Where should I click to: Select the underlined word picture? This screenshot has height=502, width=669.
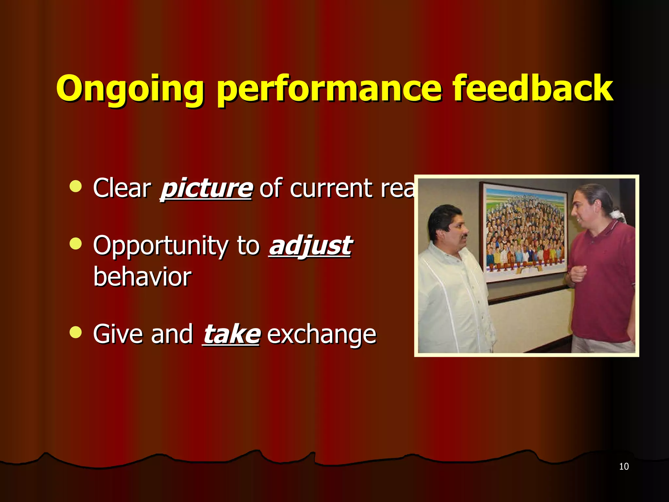point(206,189)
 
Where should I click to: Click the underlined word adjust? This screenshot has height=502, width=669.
point(310,246)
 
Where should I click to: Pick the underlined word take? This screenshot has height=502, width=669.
point(231,334)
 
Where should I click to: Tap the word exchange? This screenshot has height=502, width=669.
point(322,334)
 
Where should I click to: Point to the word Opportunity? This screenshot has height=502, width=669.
point(160,246)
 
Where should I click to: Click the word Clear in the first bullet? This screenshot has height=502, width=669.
point(122,189)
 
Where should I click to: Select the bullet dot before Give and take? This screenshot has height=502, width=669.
point(75,332)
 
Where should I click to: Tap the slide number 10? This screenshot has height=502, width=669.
point(624,466)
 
